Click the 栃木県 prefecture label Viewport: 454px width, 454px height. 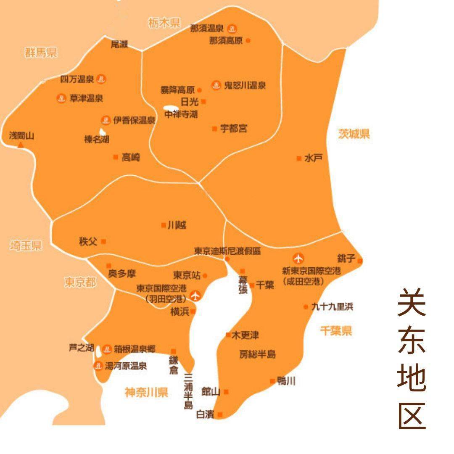[x=164, y=23]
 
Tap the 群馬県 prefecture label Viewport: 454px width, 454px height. [x=41, y=53]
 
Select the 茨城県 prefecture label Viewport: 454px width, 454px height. [x=354, y=134]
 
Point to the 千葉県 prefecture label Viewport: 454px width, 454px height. [x=336, y=331]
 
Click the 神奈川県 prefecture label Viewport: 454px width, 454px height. [x=146, y=393]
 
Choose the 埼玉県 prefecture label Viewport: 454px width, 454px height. [x=26, y=246]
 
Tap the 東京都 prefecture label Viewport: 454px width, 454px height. [x=80, y=282]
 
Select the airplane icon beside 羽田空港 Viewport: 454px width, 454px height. [x=195, y=296]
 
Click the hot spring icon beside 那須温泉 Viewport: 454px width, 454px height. [x=232, y=29]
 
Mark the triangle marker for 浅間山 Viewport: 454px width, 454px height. [x=20, y=145]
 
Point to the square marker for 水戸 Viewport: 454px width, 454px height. [x=299, y=158]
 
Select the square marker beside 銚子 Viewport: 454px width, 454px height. [x=360, y=261]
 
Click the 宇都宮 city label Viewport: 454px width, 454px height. [x=234, y=129]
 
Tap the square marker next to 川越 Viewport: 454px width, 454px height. [x=164, y=225]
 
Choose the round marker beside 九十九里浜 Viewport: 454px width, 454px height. [x=306, y=307]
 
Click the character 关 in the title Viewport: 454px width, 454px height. [x=412, y=302]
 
